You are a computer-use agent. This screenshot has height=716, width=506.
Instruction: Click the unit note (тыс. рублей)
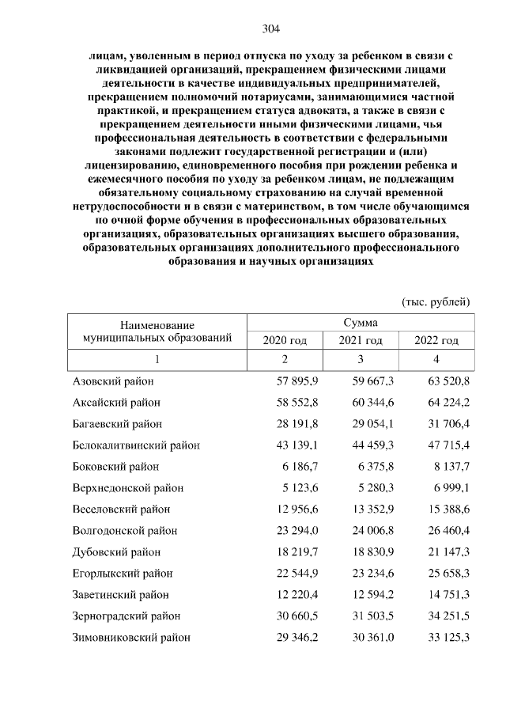(x=436, y=301)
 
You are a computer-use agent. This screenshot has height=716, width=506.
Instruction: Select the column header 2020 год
(x=285, y=340)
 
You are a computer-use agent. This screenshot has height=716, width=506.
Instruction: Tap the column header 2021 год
(x=361, y=340)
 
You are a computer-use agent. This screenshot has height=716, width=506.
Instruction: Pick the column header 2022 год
(x=436, y=340)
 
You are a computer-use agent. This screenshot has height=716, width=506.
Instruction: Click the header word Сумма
(x=361, y=323)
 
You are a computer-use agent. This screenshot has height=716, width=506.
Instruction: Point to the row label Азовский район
(x=112, y=381)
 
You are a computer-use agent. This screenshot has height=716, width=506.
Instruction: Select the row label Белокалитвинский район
(x=135, y=445)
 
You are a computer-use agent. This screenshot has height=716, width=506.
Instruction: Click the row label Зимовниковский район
(x=130, y=636)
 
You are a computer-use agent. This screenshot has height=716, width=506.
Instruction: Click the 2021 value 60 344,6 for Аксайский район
(x=372, y=402)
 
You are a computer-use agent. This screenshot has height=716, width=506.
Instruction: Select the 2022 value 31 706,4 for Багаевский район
(x=447, y=423)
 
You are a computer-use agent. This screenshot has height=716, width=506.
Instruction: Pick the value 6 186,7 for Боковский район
(x=299, y=466)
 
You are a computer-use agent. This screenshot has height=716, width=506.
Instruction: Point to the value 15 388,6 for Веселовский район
(x=447, y=509)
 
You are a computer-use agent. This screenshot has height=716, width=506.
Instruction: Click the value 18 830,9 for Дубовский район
(x=372, y=551)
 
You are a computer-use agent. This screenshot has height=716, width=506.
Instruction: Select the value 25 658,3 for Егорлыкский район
(x=447, y=573)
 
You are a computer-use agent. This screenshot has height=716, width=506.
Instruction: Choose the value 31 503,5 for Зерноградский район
(x=372, y=616)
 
